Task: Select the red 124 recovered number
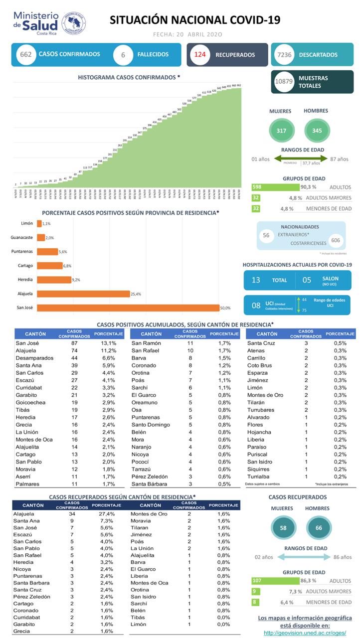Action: click(200, 55)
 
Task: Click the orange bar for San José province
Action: click(128, 308)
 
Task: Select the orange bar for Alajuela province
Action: click(83, 294)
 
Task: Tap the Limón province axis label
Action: click(27, 223)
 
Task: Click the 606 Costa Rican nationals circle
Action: click(337, 240)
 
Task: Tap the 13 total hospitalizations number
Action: click(256, 280)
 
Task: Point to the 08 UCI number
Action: click(256, 305)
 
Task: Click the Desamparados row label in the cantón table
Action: click(33, 358)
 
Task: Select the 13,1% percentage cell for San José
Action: click(109, 343)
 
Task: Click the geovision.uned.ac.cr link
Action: click(305, 633)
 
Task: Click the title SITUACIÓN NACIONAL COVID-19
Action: click(194, 20)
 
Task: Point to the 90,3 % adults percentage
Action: click(307, 187)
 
